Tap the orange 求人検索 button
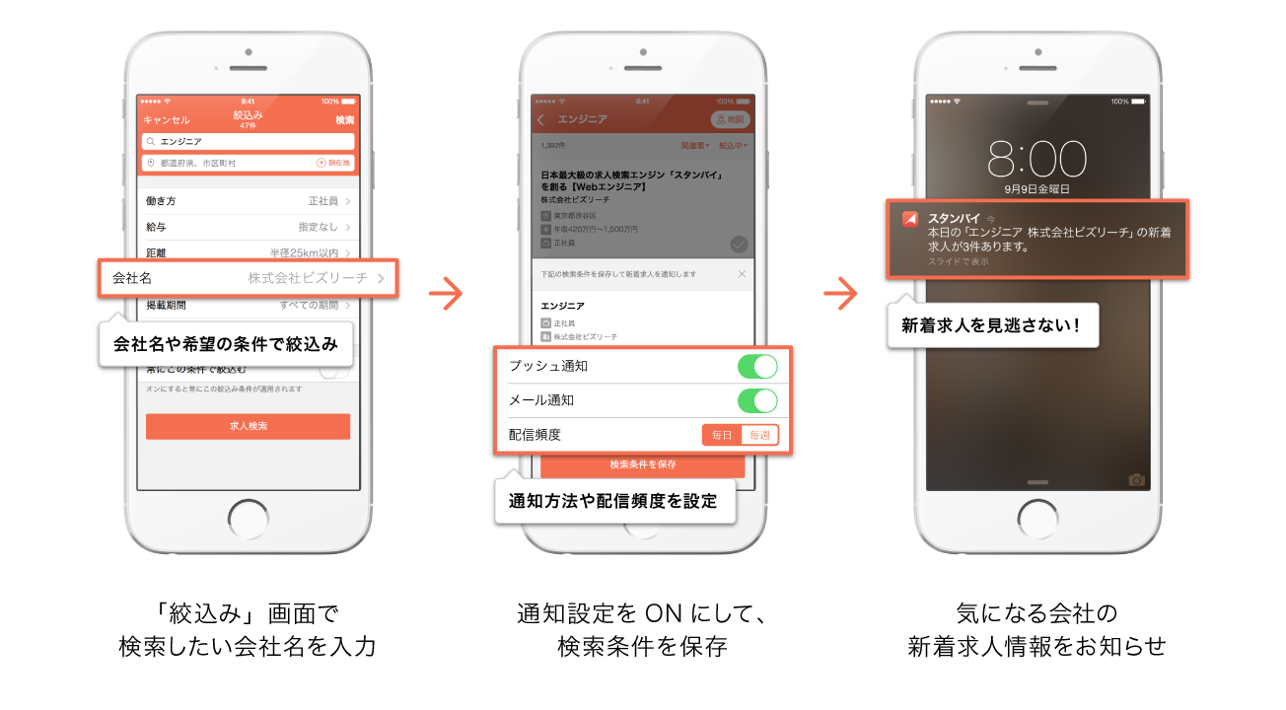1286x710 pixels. tap(248, 426)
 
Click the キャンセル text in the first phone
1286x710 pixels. tap(166, 120)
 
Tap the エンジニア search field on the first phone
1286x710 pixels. tap(248, 142)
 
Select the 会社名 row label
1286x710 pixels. tap(132, 278)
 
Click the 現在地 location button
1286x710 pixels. tap(333, 163)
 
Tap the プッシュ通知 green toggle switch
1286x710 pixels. tap(757, 366)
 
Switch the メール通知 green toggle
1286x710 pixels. tap(757, 400)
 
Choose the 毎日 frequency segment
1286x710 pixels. tap(722, 435)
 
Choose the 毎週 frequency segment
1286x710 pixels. tap(759, 435)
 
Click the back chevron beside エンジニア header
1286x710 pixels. tap(541, 119)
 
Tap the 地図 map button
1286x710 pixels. tap(731, 119)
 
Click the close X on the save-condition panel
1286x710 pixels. tap(742, 273)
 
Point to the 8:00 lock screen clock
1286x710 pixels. tap(1036, 158)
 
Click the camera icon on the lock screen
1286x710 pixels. tap(1136, 479)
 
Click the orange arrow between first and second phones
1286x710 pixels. tap(447, 293)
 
